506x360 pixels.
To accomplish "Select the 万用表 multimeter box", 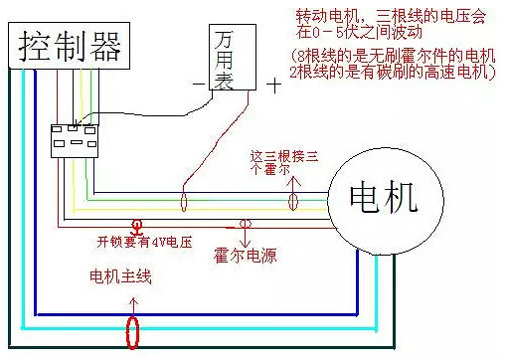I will pos(235,54).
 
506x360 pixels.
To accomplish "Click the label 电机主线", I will pos(120,275).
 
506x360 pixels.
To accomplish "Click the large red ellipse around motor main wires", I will pos(131,330).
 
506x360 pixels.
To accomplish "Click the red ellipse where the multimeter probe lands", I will pos(184,203).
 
